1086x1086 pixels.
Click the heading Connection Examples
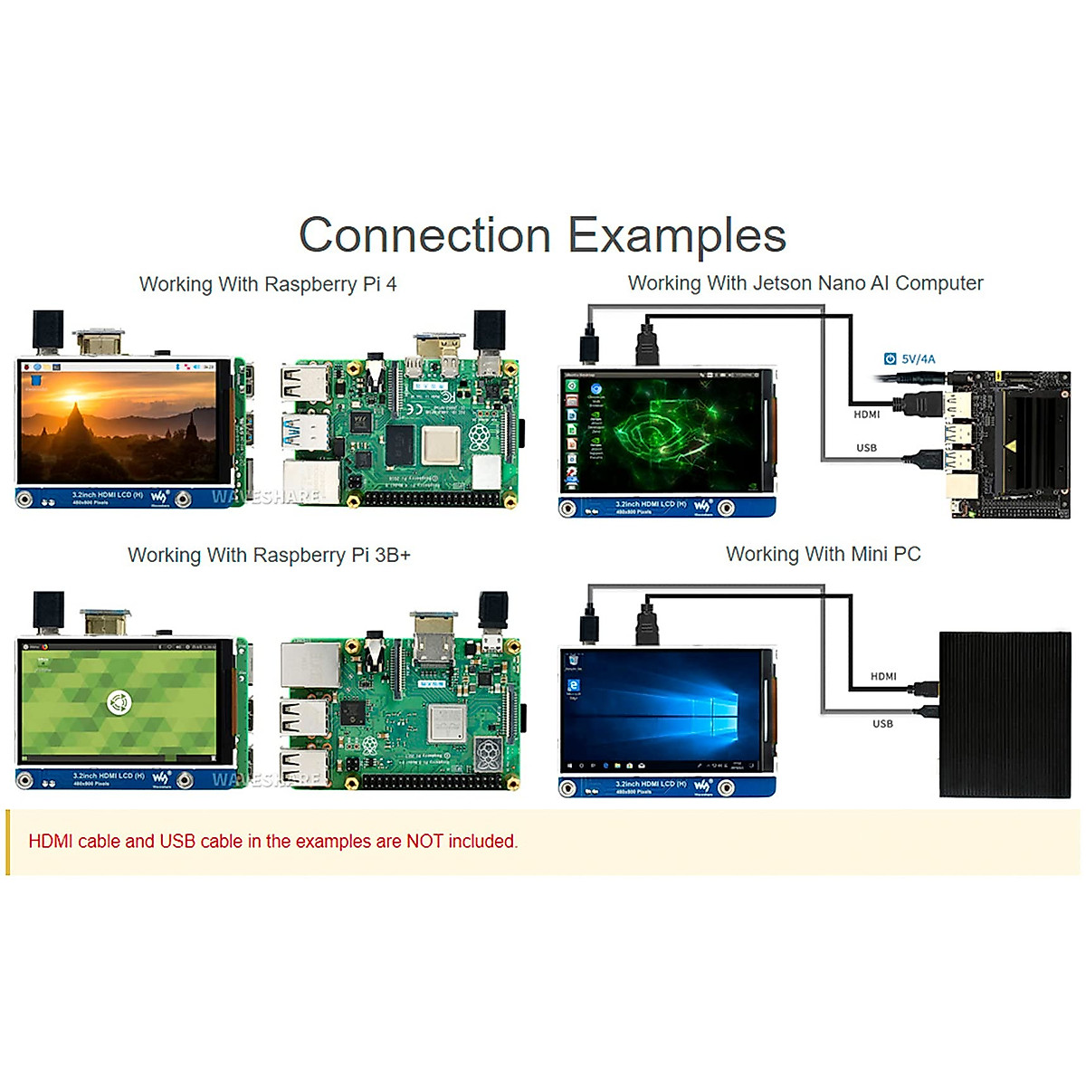click(x=542, y=235)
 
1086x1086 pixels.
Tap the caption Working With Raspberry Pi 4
click(x=268, y=284)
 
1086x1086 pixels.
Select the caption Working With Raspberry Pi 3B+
click(x=269, y=555)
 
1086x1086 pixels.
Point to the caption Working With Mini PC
click(x=823, y=554)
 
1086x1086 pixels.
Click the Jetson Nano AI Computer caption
click(x=805, y=283)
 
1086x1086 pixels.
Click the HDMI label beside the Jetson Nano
click(x=866, y=414)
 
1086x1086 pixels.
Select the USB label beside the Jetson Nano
click(x=866, y=448)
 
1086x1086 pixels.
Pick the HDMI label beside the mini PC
click(x=883, y=676)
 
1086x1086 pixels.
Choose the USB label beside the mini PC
click(x=882, y=724)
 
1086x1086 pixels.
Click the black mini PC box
click(x=1005, y=714)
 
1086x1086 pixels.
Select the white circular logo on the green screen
click(x=118, y=701)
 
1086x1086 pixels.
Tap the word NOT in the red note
click(x=424, y=842)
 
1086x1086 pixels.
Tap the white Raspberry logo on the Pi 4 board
click(x=477, y=439)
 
